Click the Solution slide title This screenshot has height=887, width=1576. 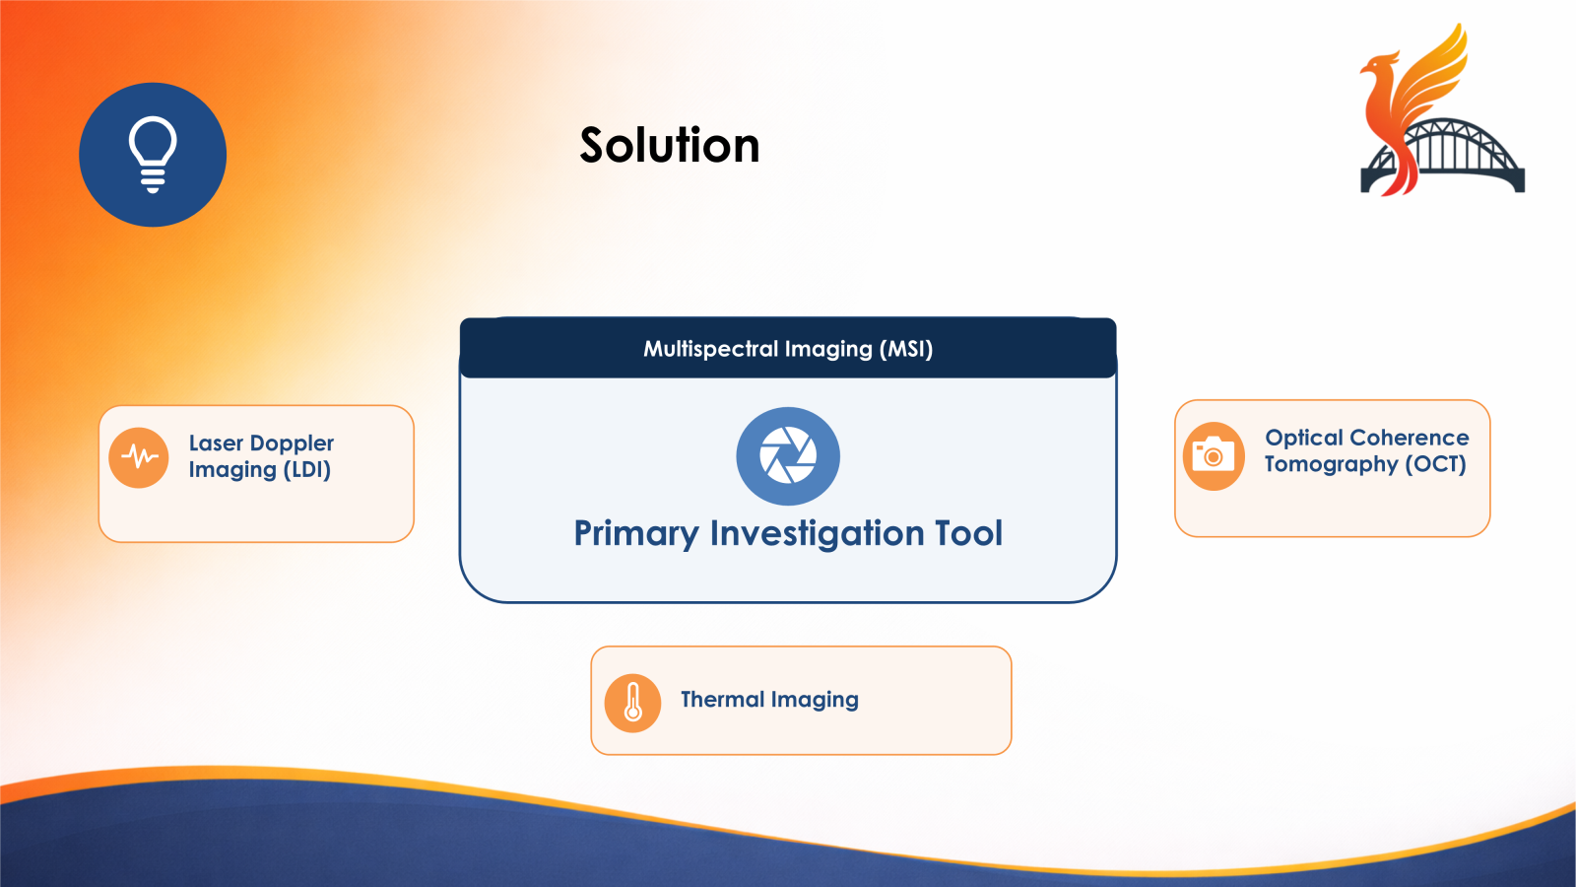pyautogui.click(x=670, y=146)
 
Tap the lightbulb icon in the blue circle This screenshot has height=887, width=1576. pyautogui.click(x=153, y=155)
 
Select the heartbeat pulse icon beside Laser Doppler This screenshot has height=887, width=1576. pyautogui.click(x=139, y=457)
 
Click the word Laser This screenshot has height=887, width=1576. pyautogui.click(x=216, y=443)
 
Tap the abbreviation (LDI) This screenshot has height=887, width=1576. pyautogui.click(x=307, y=470)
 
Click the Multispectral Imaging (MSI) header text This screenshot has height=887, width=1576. pyautogui.click(x=788, y=349)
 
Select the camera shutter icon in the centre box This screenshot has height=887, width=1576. pyautogui.click(x=788, y=456)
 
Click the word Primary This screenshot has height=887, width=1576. pyautogui.click(x=636, y=534)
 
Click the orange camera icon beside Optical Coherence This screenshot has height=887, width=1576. pyautogui.click(x=1214, y=456)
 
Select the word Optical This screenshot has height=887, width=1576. pyautogui.click(x=1304, y=439)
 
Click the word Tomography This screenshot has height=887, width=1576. pyautogui.click(x=1331, y=465)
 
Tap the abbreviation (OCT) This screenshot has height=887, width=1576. pyautogui.click(x=1435, y=464)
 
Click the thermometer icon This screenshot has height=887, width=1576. pyautogui.click(x=633, y=703)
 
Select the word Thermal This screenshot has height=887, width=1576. pyautogui.click(x=722, y=700)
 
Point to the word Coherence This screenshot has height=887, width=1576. pyautogui.click(x=1410, y=438)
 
